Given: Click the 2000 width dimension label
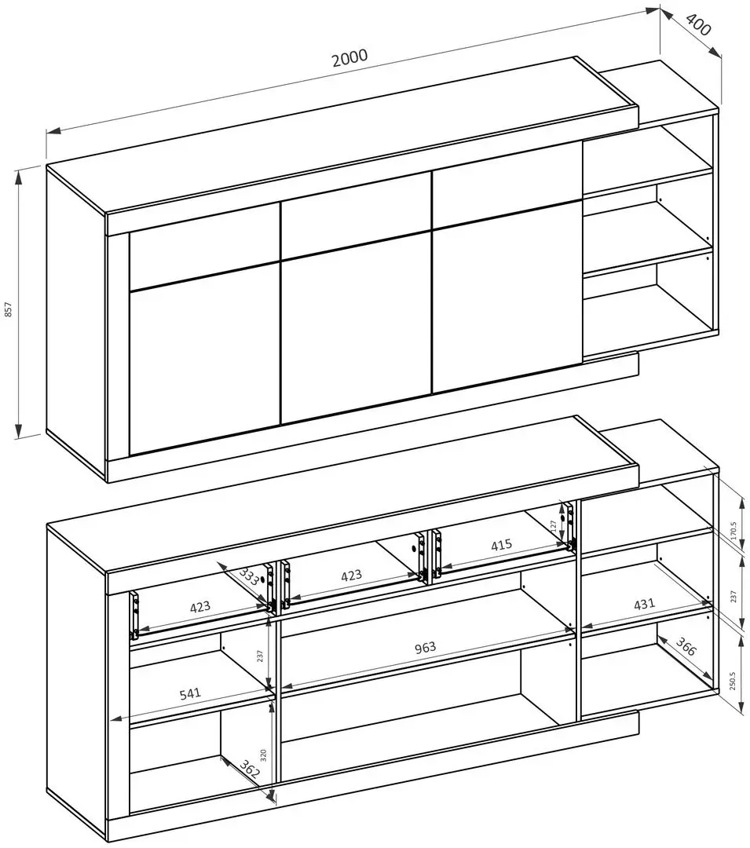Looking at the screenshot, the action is point(349,57).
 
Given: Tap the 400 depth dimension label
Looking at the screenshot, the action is point(698,24).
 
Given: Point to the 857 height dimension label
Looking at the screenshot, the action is point(8,309).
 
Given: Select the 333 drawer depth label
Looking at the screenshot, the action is point(249,577).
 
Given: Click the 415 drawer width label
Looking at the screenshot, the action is point(501,544).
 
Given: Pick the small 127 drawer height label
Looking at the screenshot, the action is point(553,525).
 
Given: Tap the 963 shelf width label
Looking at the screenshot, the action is point(425,647).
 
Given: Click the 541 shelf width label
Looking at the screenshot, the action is point(190,694).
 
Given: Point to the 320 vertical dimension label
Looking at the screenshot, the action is point(263,755).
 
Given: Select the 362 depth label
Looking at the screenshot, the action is point(250,769).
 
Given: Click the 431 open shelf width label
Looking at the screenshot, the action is point(644,603).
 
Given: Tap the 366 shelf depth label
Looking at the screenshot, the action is point(685,646).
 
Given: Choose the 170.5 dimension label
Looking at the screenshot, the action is point(734,532).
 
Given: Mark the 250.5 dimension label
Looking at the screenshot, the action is point(734,682).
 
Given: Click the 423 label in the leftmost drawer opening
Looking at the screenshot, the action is point(199,607).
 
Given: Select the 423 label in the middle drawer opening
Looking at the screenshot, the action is point(351,576).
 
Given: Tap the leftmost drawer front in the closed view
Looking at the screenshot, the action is point(204,246).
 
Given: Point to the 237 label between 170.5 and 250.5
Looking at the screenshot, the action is point(734,596).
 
